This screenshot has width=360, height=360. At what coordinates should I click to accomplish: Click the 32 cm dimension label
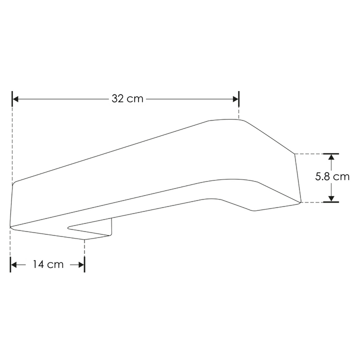127,98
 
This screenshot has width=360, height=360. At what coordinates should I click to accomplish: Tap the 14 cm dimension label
48,264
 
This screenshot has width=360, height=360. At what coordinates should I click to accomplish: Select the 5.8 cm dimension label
332,177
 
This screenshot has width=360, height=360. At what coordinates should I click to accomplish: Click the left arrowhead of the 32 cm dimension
15,99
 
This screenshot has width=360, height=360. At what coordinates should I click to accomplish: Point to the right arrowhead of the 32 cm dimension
235,99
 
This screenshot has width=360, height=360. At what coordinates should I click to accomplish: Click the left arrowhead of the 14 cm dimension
14,265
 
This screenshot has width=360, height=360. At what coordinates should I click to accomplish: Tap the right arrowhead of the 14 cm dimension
81,265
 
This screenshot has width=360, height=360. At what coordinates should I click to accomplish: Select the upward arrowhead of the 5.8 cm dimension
331,157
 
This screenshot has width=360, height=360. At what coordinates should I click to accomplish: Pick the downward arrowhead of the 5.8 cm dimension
331,199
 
